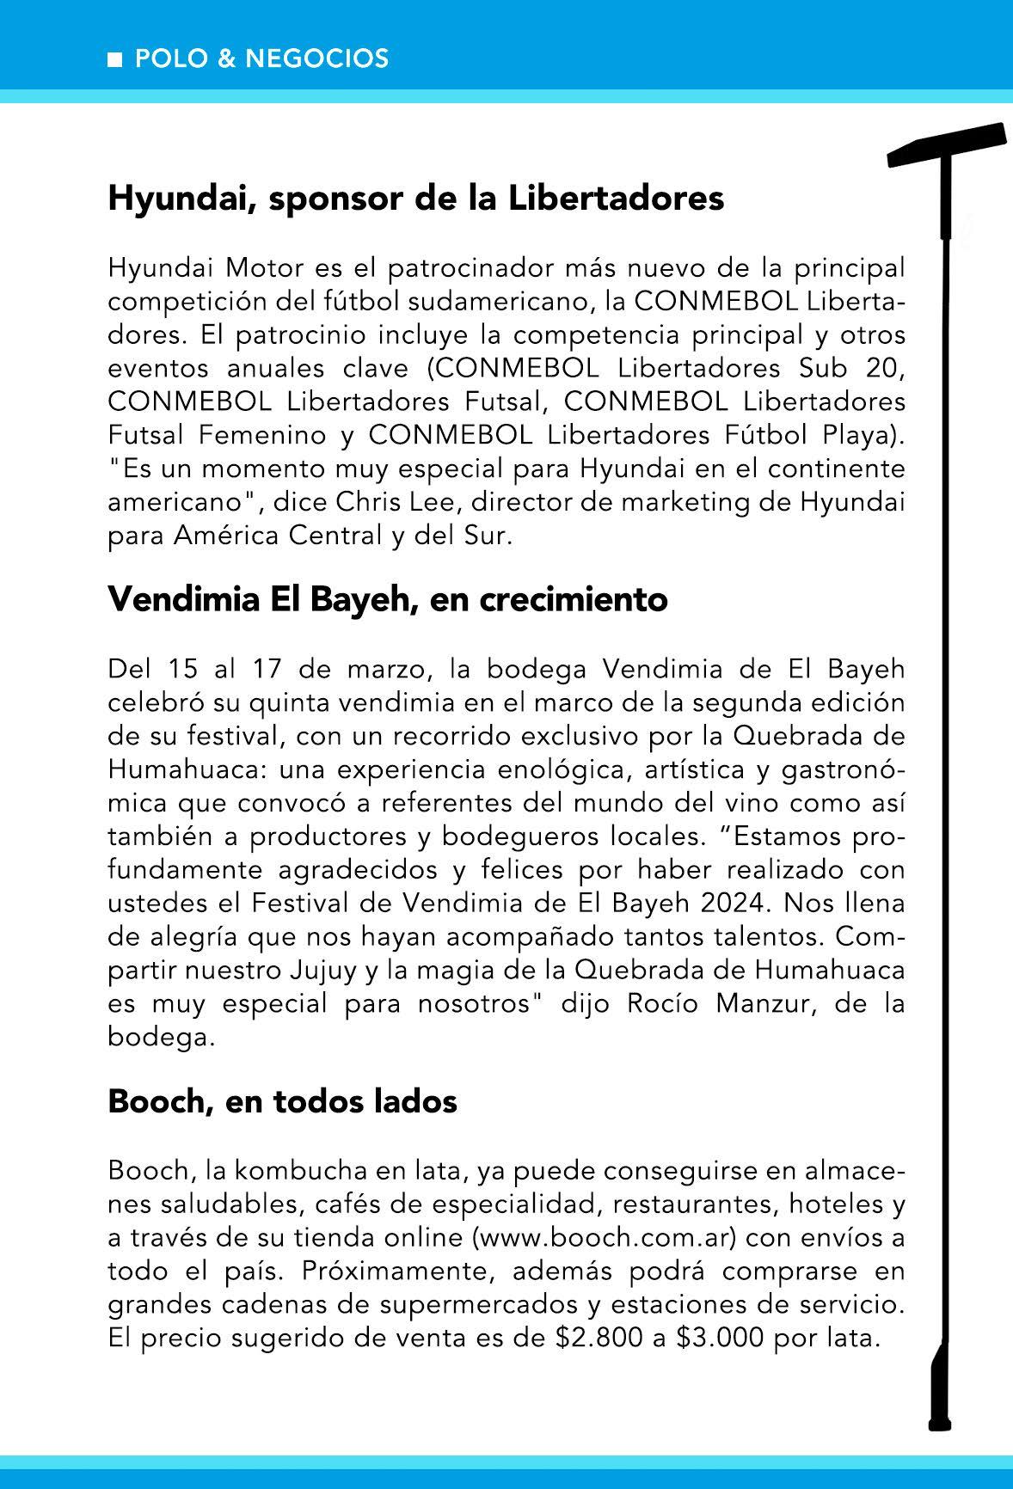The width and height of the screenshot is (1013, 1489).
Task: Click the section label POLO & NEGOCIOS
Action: [x=261, y=58]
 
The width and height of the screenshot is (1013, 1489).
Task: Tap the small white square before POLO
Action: [x=114, y=59]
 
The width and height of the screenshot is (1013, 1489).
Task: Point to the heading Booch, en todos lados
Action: [x=282, y=1101]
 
